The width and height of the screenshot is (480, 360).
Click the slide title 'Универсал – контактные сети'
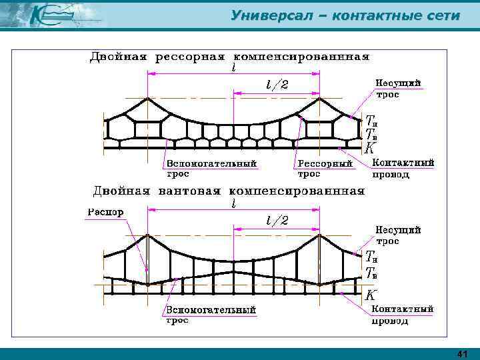[x=345, y=15]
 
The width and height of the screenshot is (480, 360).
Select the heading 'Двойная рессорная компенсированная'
[x=230, y=57]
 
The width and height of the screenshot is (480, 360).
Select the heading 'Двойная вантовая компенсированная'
[x=229, y=191]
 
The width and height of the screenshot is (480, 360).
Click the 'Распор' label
[x=105, y=213]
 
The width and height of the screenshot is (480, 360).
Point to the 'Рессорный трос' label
[x=324, y=168]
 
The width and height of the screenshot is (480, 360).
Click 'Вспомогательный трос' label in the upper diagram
[x=211, y=168]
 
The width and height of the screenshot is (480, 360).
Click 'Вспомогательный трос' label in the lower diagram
[x=211, y=315]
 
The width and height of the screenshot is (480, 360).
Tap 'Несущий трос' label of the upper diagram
[x=399, y=88]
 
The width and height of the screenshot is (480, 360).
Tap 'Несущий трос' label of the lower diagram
[x=399, y=235]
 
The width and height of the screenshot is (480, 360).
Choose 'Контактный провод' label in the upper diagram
[x=403, y=168]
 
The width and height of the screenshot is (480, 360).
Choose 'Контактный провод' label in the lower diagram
[x=403, y=315]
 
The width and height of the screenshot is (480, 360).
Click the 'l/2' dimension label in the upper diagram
[x=277, y=85]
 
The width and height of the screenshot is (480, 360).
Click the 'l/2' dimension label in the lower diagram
[x=277, y=220]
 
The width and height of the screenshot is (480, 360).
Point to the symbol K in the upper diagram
[x=369, y=147]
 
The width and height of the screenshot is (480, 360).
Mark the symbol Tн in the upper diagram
[x=372, y=121]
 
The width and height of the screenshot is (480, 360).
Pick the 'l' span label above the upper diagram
[x=233, y=68]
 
